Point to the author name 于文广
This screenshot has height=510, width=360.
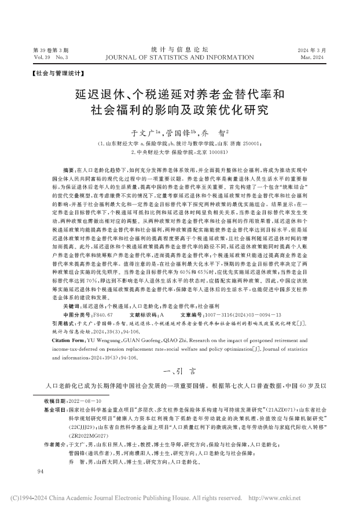pyautogui.click(x=143, y=132)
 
